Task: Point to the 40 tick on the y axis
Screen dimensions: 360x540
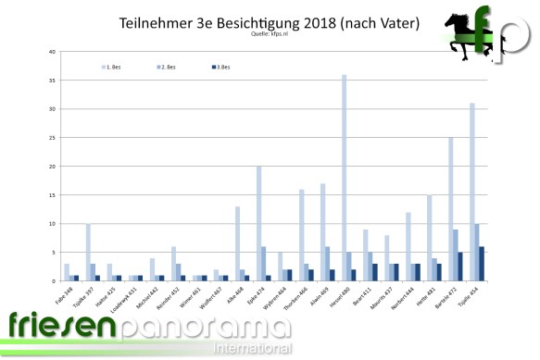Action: click(52, 52)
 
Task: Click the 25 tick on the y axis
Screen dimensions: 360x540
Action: click(52, 138)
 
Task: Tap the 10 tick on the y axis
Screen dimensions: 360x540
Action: click(52, 224)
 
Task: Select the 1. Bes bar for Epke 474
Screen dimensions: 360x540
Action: click(259, 223)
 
